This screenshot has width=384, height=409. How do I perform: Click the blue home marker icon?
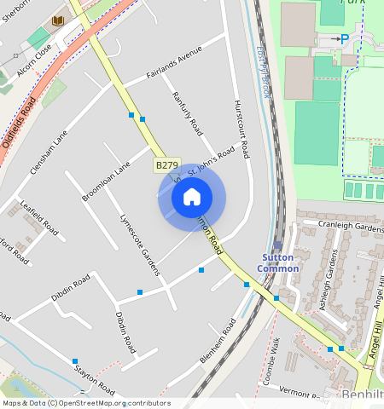click(x=192, y=198)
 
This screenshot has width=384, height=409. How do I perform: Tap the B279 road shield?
click(x=166, y=164)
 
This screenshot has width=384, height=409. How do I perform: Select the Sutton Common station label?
click(x=279, y=262)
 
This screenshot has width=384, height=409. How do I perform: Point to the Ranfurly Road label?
click(x=187, y=113)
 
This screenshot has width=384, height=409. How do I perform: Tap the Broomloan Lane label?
click(x=106, y=181)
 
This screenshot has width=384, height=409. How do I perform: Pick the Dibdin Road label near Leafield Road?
click(x=70, y=285)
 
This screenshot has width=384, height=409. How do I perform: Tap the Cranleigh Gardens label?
click(x=340, y=228)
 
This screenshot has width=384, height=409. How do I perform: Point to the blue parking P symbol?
click(x=344, y=38)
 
